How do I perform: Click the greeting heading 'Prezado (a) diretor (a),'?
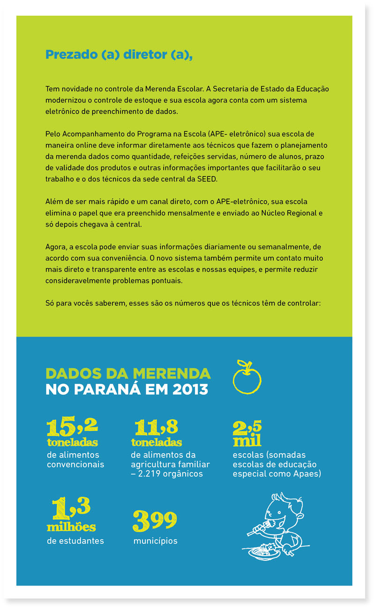(x=119, y=55)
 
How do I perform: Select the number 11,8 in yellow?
(x=156, y=426)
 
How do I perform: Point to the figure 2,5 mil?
(x=247, y=433)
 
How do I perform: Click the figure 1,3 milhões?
(x=71, y=514)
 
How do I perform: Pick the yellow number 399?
(x=155, y=521)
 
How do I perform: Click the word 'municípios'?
(x=155, y=541)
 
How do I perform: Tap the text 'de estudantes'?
(x=75, y=541)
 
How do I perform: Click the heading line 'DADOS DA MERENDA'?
(x=128, y=373)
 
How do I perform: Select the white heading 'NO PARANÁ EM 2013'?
(x=127, y=389)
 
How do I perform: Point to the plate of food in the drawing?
(x=265, y=552)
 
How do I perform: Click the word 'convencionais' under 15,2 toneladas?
(x=75, y=464)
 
